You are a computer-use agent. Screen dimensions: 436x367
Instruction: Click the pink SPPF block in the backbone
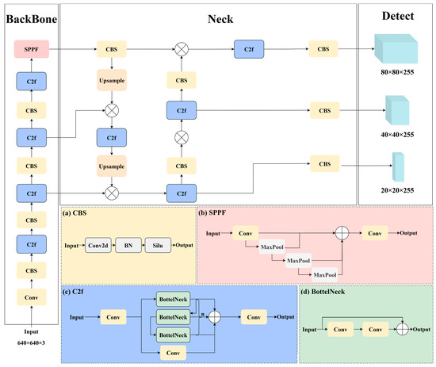[32, 49]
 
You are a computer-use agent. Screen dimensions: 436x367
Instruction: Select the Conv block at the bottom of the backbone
[32, 297]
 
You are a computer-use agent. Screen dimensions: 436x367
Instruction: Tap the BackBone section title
[32, 19]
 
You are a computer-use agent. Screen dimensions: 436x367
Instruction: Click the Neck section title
[220, 19]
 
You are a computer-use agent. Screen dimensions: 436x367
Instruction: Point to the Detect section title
[398, 16]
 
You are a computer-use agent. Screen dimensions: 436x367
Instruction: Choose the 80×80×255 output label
[397, 72]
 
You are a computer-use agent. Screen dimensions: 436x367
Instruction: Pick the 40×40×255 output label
[397, 135]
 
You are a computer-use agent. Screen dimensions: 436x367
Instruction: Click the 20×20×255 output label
[397, 190]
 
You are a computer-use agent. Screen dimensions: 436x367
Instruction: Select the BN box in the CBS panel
[128, 245]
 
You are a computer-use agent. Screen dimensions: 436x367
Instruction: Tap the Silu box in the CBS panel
[158, 245]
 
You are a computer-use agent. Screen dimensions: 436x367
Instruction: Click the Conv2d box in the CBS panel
[98, 245]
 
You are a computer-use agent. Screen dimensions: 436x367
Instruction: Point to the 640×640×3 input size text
[31, 342]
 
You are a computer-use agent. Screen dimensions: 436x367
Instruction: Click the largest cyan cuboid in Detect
[396, 49]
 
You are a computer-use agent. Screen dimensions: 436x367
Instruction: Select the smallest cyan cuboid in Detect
[398, 166]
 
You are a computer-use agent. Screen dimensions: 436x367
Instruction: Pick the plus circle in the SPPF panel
[342, 233]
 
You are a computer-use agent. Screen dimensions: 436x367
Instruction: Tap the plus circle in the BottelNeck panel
[402, 329]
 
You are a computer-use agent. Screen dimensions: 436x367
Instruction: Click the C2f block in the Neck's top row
[249, 49]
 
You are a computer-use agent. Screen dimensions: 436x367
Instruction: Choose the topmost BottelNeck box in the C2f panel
[174, 299]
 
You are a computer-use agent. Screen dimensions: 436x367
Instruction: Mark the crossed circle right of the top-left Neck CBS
[182, 49]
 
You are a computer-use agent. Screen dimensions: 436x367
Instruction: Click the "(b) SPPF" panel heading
[212, 213]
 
